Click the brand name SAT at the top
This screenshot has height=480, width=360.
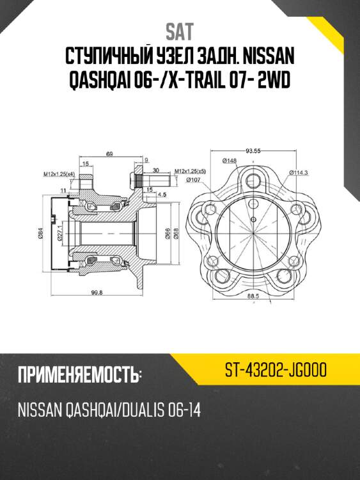pos(180,31)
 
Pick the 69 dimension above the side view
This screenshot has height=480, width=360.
pos(109,154)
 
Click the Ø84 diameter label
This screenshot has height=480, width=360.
pos(40,235)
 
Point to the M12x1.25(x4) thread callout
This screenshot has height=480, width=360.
pos(59,173)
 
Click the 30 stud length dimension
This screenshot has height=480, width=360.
pos(156,170)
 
